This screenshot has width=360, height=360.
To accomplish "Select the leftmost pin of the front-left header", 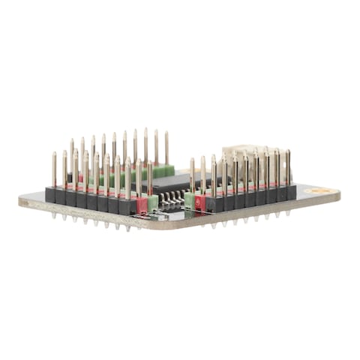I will pos(54,169).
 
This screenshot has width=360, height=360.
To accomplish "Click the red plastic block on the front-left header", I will pos(142,203).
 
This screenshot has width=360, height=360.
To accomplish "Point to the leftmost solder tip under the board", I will pos(54,217).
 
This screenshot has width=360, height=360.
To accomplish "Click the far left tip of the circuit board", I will pos(20,201).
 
